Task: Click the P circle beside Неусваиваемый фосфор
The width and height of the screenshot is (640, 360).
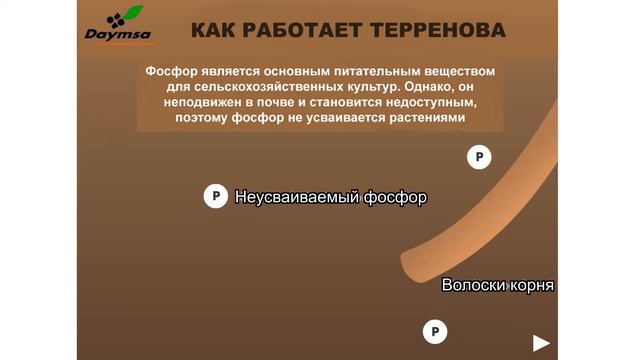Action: [215, 197]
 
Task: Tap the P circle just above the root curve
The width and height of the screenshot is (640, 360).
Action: [479, 156]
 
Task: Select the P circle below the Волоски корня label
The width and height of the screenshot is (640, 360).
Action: [434, 331]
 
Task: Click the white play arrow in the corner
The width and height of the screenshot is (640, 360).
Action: [541, 343]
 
